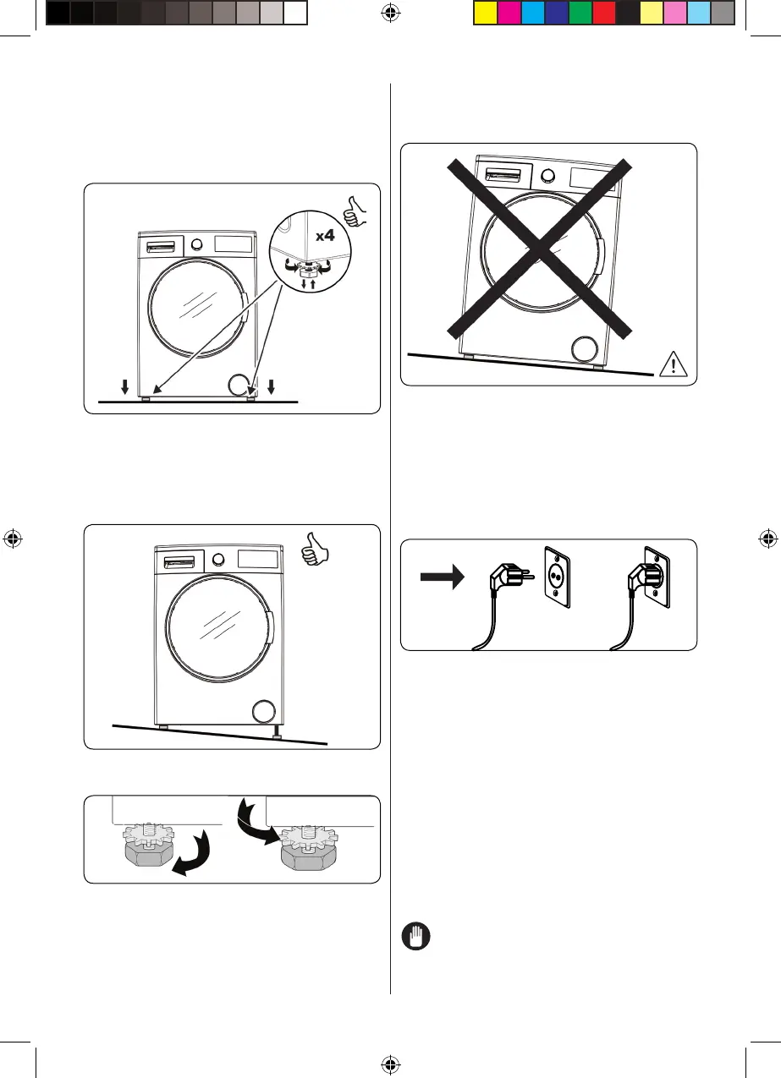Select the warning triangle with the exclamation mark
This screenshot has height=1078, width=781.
pos(672,364)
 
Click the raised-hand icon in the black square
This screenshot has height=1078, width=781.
pos(415,938)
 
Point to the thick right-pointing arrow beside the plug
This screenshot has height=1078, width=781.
pos(443,577)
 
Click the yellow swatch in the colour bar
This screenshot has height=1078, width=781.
pos(484,12)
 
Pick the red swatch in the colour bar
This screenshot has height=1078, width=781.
pos(603,12)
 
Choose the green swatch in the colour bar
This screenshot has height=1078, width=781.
pos(580,12)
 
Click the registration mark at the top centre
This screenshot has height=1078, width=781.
pos(391,12)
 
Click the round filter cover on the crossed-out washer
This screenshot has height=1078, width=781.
pos(586,349)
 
